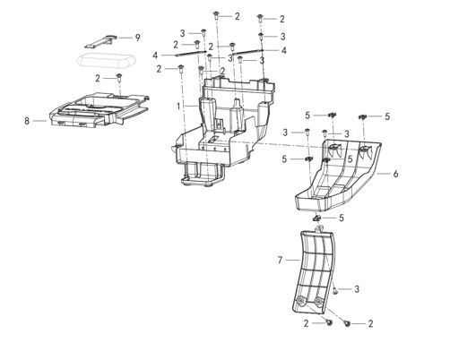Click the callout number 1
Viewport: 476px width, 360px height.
click(x=179, y=106)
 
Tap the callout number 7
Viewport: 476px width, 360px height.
click(x=280, y=260)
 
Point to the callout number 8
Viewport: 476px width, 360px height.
click(x=28, y=120)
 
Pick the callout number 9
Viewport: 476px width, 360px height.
click(x=137, y=38)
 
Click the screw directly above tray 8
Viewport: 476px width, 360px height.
click(x=117, y=79)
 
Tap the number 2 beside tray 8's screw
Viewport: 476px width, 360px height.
click(x=98, y=79)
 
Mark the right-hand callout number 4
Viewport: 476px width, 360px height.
click(x=284, y=51)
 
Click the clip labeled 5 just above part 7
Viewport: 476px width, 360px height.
click(x=316, y=218)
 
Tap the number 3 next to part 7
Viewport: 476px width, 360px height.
click(x=356, y=289)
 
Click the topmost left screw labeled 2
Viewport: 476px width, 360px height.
click(x=217, y=15)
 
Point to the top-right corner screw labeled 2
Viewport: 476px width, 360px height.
click(x=261, y=18)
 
